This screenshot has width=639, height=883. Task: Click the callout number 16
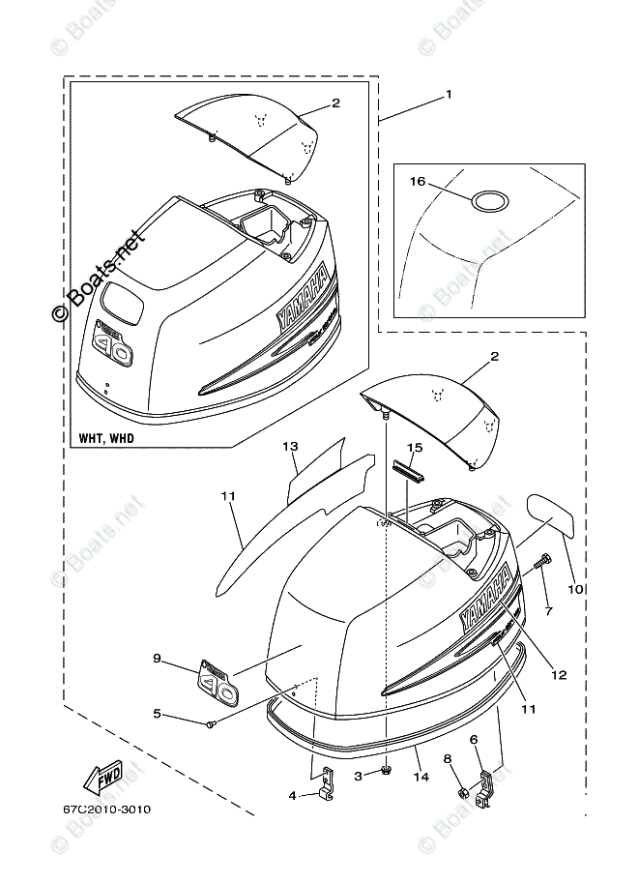(418, 181)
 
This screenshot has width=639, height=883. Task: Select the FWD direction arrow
(101, 776)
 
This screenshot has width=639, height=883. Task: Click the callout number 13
(289, 447)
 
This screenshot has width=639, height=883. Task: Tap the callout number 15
(415, 447)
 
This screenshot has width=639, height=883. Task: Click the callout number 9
(157, 659)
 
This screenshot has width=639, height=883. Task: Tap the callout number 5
(157, 715)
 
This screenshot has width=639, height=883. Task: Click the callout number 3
(359, 776)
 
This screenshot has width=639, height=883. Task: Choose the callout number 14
(420, 777)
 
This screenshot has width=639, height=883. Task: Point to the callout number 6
(474, 739)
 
